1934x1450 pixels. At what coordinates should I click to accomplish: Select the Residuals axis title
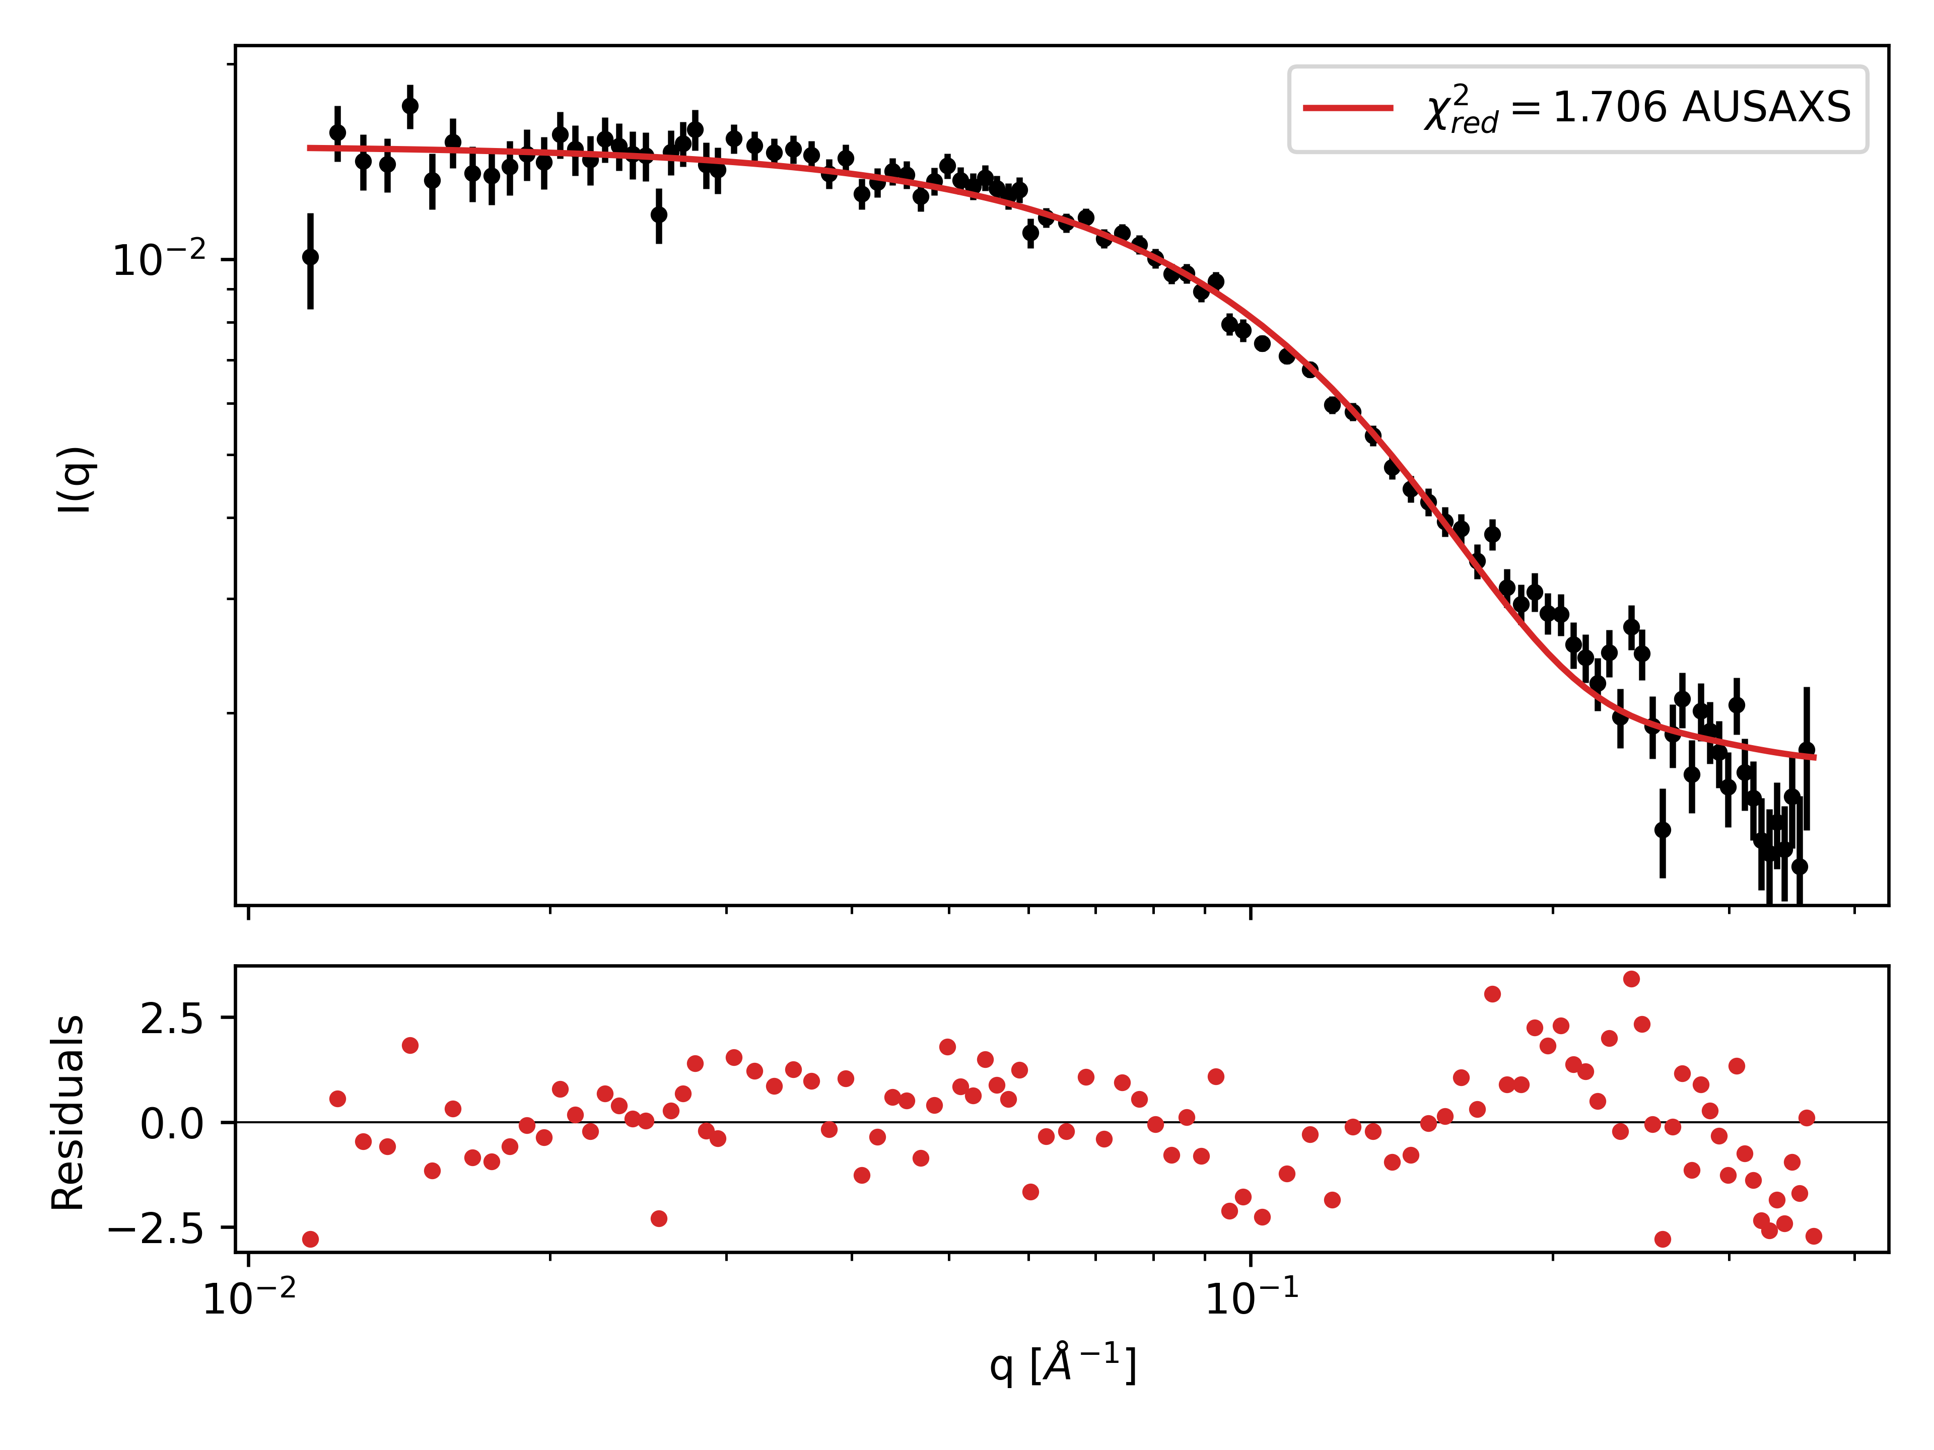[x=68, y=1112]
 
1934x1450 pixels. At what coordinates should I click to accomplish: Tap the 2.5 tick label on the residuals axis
[x=172, y=1018]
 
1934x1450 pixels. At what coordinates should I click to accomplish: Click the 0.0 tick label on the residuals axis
[x=172, y=1123]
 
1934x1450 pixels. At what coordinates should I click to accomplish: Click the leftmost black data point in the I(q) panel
[x=310, y=257]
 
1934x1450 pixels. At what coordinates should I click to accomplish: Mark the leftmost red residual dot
[x=310, y=1240]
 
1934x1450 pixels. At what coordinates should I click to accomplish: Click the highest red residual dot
[x=1631, y=979]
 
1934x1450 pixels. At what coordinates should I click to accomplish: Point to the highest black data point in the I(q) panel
[x=410, y=106]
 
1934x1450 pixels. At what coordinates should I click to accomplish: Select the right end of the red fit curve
[x=1815, y=757]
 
